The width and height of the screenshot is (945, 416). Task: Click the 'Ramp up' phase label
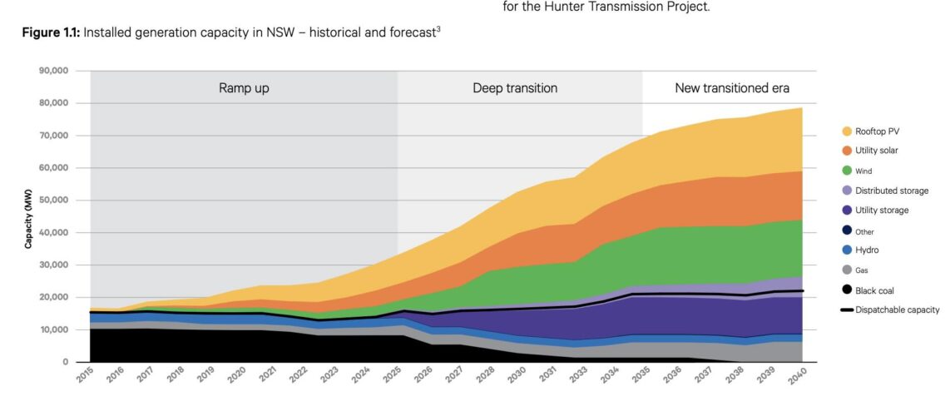pyautogui.click(x=244, y=88)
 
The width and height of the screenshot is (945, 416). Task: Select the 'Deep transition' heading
pyautogui.click(x=515, y=88)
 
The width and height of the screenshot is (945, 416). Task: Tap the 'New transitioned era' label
pyautogui.click(x=731, y=88)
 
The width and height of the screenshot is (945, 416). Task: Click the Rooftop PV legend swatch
pyautogui.click(x=847, y=131)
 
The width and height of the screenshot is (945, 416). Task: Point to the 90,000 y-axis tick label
pyautogui.click(x=52, y=71)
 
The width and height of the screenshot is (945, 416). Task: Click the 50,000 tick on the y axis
pyautogui.click(x=52, y=201)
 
